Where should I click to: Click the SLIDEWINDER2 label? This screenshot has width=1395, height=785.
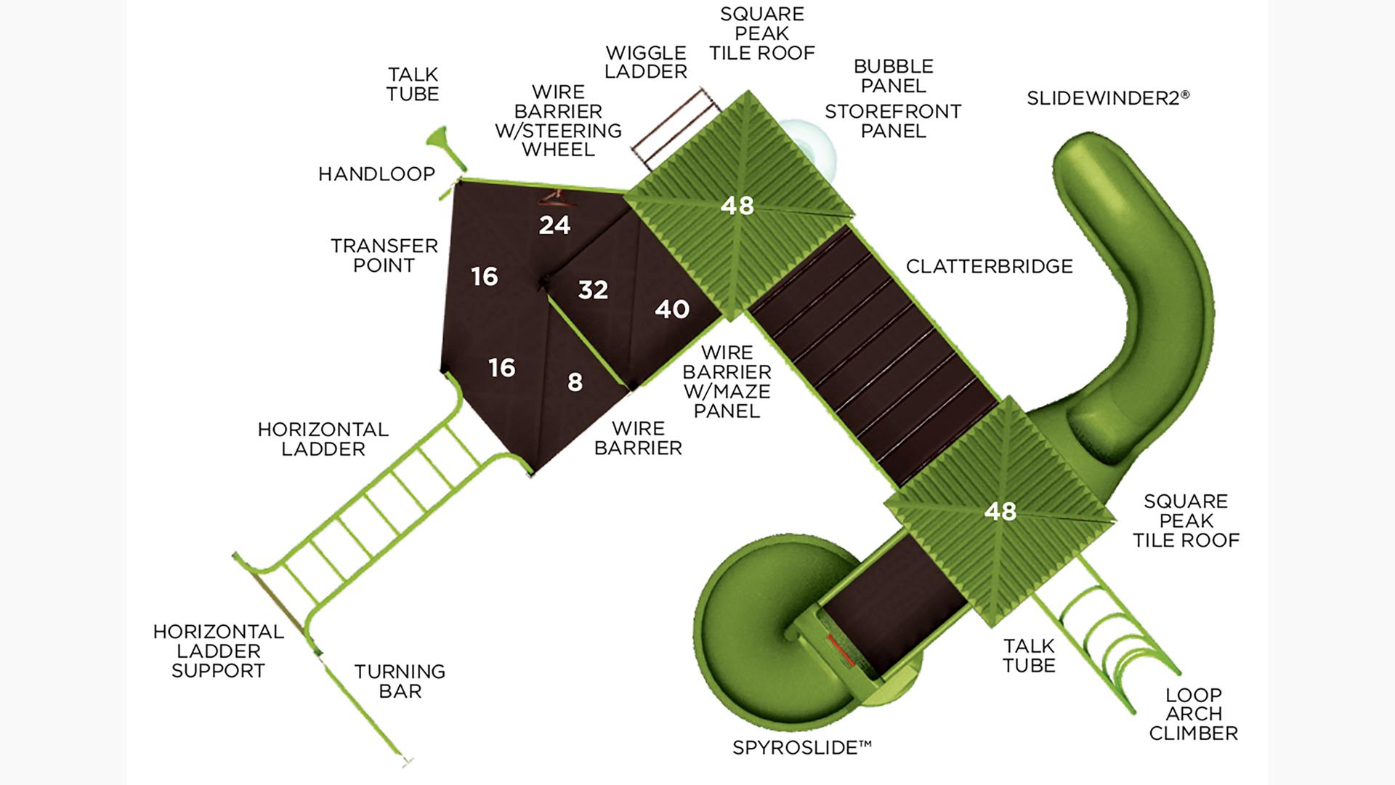pos(1107,98)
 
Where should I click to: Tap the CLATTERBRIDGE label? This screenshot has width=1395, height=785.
pos(989,266)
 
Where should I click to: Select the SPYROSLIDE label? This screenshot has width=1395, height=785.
pos(801,747)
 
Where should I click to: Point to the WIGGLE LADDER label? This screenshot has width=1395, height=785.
pos(646,63)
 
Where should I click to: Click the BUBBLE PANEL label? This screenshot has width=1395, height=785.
pos(893,76)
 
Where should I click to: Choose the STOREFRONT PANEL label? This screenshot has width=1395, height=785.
pos(893,121)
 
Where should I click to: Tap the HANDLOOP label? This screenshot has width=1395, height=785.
pos(376,174)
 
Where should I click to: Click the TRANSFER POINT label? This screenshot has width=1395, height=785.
pos(384,255)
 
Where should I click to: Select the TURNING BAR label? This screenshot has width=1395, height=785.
pos(400,681)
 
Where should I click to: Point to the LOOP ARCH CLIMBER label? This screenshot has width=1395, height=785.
pos(1193,714)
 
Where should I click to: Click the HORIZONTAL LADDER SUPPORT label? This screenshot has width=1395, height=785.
pos(218,651)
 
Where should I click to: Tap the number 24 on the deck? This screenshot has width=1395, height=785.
pos(554,225)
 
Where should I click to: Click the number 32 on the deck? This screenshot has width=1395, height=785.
pos(593,290)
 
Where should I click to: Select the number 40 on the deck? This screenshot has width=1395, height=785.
pos(671,310)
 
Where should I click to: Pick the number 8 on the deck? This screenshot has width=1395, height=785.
pos(575,382)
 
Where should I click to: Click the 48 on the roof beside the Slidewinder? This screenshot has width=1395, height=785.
pos(1000,512)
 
